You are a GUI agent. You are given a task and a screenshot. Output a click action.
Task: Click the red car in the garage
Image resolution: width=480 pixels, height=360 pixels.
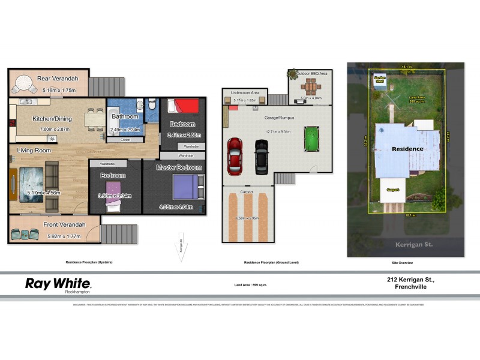tap(234, 155)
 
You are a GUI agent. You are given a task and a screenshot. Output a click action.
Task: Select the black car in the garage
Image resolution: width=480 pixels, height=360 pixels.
tap(261, 156)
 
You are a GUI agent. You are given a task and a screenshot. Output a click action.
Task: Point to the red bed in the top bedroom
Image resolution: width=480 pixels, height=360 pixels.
tap(182, 106)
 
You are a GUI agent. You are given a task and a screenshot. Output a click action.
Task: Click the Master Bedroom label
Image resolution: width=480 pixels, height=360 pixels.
tap(179, 167)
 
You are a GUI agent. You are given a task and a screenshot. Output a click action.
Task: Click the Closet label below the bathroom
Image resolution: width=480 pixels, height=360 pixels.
tap(125, 139)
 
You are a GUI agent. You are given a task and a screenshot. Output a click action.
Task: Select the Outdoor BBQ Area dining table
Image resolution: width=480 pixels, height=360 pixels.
tap(311, 85)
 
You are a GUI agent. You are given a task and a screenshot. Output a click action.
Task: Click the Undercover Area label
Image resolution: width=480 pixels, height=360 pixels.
tap(246, 93)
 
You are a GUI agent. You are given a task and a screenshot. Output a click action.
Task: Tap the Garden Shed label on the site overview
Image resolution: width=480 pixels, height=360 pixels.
tap(379, 79)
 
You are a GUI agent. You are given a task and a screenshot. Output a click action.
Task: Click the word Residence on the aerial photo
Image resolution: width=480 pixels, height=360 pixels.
tap(407, 148)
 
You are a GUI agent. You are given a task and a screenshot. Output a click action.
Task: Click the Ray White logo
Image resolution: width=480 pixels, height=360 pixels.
tap(58, 284)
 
